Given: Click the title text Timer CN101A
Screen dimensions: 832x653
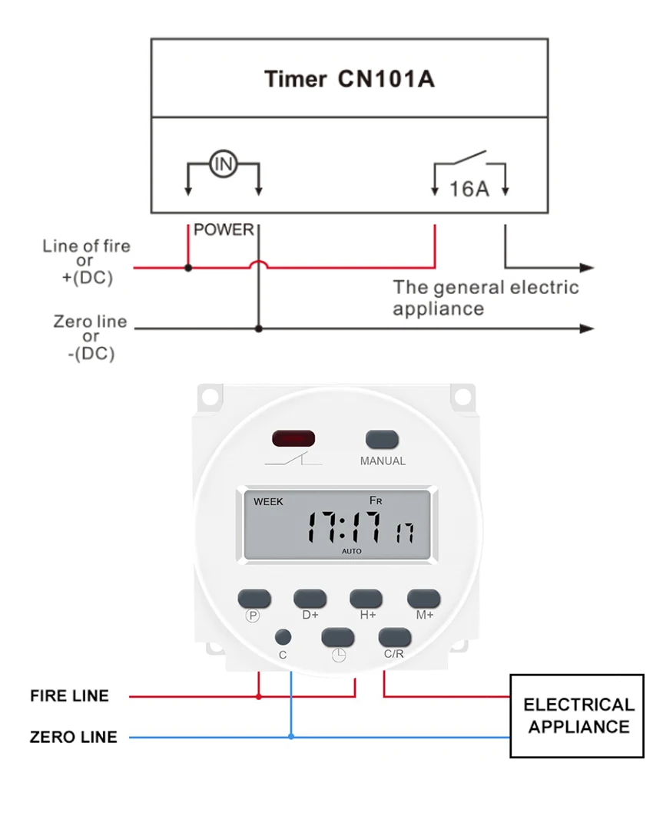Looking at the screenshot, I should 349,78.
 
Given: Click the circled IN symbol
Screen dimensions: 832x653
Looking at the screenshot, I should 223,163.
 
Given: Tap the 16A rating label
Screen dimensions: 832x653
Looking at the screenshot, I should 469,188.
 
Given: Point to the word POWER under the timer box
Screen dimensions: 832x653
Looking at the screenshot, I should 224,229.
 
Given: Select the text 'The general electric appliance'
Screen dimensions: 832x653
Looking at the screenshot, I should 486,298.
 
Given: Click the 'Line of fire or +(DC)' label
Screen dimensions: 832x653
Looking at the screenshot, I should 87,262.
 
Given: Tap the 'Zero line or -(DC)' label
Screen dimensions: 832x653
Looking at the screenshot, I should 91,337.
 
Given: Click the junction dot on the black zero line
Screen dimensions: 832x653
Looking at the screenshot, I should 259,329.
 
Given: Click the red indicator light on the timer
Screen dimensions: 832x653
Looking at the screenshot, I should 293,439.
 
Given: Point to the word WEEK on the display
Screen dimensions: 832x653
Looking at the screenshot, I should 268,501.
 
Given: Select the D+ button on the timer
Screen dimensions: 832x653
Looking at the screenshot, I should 310,598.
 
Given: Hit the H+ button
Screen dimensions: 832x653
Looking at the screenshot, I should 366,598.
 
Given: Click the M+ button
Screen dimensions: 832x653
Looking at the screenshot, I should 423,598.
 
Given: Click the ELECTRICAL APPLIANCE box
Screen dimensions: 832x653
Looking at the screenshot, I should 577,715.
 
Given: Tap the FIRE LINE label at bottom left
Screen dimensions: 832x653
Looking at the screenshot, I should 69,696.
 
